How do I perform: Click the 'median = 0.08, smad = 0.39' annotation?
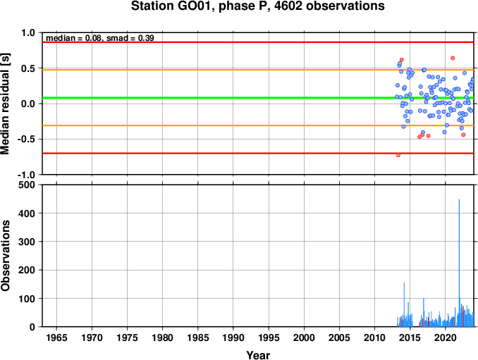(99, 38)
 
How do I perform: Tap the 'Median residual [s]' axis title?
(5, 104)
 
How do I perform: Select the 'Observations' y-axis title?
(5, 256)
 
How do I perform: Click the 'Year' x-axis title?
(258, 355)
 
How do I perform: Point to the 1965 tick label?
(56, 337)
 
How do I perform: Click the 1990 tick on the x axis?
(233, 337)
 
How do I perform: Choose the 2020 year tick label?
(446, 337)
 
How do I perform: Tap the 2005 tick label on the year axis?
(339, 337)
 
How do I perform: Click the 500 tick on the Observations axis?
(27, 185)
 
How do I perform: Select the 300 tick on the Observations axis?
(27, 242)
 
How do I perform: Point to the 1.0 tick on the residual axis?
(28, 32)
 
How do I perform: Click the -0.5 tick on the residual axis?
(26, 139)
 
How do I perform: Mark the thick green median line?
(258, 98)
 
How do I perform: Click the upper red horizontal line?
(258, 42)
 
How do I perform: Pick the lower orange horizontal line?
(258, 125)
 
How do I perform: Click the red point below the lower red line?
(398, 155)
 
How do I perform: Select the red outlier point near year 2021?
(453, 58)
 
